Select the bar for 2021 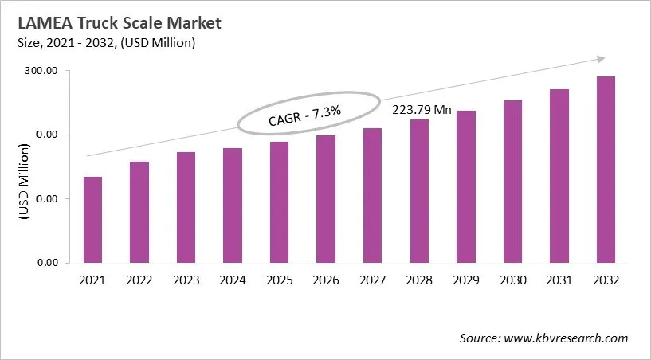pos(93,220)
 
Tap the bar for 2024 pos(233,205)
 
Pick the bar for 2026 pos(326,199)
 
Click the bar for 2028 pos(419,191)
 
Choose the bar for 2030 pos(512,182)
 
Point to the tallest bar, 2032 pos(606,170)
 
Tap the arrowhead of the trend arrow pos(601,58)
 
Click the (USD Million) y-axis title pos(23,182)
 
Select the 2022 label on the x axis pos(139,280)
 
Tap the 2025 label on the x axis pos(279,280)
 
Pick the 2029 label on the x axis pos(465,280)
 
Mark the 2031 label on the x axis pos(559,280)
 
